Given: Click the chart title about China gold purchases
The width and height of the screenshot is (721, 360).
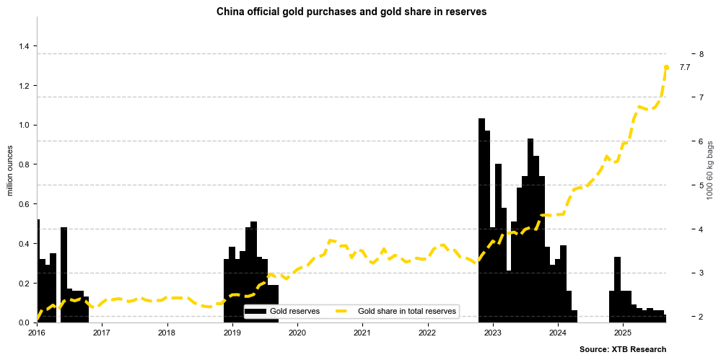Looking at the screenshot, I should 351,12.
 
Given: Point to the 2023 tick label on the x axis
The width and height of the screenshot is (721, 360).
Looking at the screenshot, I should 492,333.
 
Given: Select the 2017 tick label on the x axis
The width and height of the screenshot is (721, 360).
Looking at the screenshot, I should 101,333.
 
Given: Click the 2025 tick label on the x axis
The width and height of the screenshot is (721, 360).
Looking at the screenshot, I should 623,333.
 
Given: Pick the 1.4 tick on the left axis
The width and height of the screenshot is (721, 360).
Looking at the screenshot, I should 24,46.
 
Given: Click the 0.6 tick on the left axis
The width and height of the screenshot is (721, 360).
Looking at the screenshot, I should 24,204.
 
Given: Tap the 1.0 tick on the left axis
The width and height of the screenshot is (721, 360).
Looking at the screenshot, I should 24,126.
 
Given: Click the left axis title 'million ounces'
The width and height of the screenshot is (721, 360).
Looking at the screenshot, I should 10,170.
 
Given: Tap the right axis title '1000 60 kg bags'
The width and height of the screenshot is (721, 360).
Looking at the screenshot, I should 710,170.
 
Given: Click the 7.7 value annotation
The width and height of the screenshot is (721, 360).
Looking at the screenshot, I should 685,67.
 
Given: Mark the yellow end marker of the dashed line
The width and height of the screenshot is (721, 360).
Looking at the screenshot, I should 666,67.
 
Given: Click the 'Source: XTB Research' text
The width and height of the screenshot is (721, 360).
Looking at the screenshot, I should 622,349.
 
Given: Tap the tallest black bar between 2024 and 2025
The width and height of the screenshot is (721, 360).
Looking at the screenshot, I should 617,289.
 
